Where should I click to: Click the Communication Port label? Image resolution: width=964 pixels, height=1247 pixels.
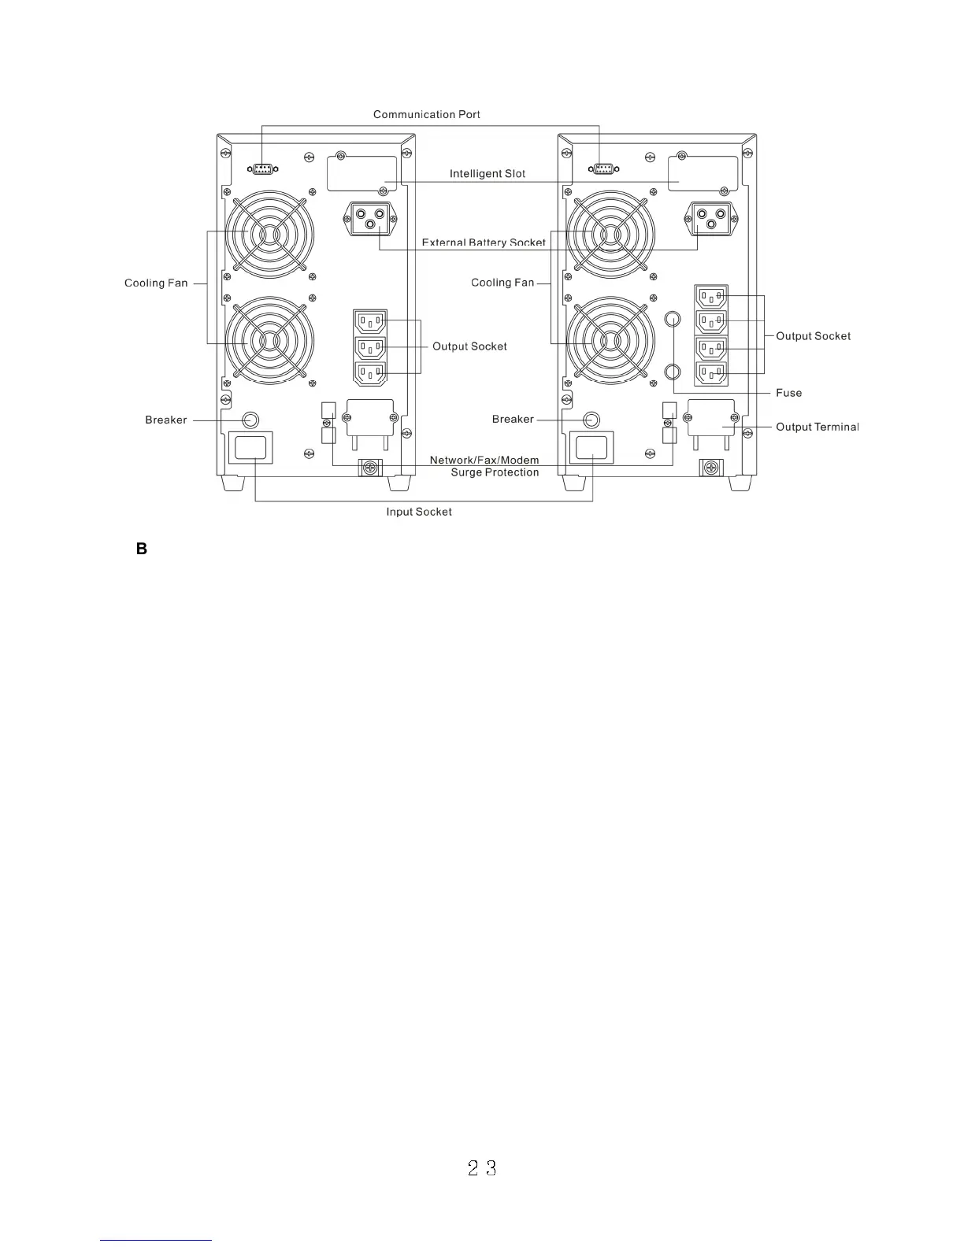[426, 114]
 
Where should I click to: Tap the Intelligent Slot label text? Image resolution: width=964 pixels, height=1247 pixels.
[487, 173]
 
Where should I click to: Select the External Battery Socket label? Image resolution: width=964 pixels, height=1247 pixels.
[483, 242]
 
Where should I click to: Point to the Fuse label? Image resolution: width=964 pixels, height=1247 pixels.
[788, 393]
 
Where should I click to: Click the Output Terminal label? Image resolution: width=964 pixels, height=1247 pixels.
[817, 427]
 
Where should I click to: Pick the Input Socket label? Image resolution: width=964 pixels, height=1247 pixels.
[418, 512]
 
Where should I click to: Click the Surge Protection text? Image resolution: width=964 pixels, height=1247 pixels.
[495, 472]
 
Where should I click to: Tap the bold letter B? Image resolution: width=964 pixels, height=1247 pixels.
[142, 549]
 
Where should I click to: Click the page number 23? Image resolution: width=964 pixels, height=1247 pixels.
[482, 1168]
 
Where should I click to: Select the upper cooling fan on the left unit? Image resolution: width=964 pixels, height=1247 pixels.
[269, 235]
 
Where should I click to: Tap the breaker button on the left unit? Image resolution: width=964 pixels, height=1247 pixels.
[250, 419]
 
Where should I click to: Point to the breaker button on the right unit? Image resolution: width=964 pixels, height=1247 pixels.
[591, 419]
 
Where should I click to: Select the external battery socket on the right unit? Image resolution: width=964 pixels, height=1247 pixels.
[712, 217]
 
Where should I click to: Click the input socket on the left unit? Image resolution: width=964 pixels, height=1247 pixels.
[250, 447]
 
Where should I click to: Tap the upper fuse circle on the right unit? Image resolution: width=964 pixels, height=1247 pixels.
[672, 319]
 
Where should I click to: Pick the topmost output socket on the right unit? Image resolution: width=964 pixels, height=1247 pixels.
[711, 297]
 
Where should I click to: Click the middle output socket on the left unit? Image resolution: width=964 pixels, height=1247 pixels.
[371, 346]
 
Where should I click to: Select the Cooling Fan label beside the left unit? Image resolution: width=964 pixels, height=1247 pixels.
[156, 283]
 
